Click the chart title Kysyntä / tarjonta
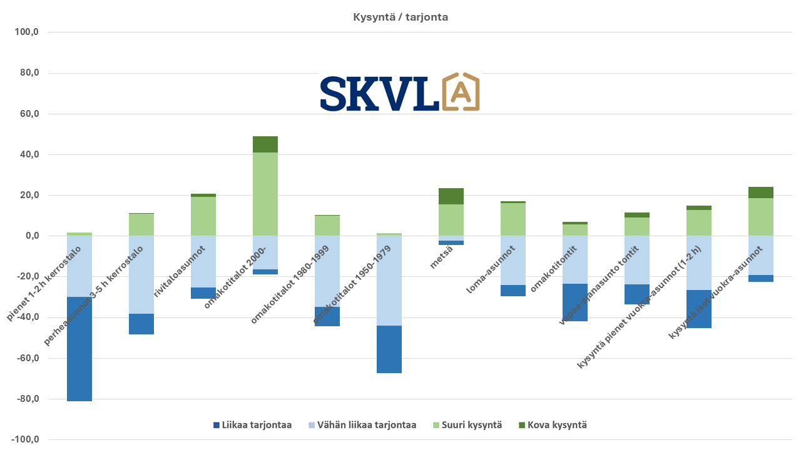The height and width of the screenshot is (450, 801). tap(400, 17)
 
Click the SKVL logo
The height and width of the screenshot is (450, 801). tap(399, 92)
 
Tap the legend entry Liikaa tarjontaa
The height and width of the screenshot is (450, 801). tap(252, 425)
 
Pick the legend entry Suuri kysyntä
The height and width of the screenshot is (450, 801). tap(467, 425)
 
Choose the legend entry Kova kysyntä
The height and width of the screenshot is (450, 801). tap(553, 425)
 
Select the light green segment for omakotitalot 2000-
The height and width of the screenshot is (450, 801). tap(265, 194)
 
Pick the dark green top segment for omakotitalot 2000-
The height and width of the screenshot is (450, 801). tap(265, 144)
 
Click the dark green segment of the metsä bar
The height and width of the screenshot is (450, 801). tap(451, 196)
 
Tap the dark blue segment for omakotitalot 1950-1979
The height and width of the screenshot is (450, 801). tap(389, 349)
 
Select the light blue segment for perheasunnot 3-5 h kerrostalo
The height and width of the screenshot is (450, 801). tap(141, 274)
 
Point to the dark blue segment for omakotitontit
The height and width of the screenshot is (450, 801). tap(575, 302)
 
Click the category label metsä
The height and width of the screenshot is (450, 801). tap(441, 257)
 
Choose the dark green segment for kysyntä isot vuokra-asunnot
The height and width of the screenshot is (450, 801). tap(761, 192)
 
